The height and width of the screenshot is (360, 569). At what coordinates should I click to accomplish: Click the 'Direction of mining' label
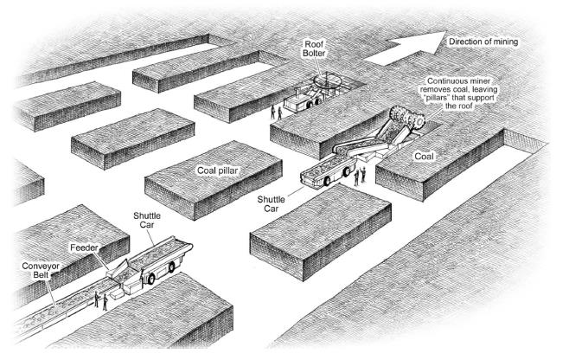[x=483, y=42]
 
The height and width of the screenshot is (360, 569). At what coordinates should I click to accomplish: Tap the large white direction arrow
[x=406, y=49]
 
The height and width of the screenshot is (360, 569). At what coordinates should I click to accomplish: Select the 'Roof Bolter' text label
[x=314, y=48]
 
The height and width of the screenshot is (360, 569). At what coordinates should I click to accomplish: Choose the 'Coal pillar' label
[x=217, y=170]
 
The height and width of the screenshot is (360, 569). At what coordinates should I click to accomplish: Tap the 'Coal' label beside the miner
[x=425, y=157]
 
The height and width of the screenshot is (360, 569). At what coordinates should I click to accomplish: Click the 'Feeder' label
[x=84, y=247]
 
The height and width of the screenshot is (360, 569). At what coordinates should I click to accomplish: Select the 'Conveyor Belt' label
[x=41, y=270]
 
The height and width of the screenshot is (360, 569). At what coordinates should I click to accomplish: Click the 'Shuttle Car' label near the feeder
[x=147, y=220]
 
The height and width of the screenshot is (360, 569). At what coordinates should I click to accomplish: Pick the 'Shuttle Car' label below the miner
[x=271, y=204]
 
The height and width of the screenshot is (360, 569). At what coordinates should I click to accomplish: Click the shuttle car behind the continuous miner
[x=328, y=171]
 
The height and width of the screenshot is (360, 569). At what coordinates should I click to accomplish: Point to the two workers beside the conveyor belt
[x=101, y=301]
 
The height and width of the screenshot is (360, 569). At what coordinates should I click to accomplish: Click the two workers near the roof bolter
[x=276, y=112]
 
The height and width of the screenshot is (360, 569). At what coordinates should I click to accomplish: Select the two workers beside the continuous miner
[x=360, y=176]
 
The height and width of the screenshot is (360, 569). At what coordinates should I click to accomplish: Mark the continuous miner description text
[x=458, y=93]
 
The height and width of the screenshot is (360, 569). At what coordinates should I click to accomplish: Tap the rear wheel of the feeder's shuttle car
[x=151, y=279]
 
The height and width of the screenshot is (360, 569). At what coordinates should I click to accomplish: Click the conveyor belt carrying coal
[x=61, y=308]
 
